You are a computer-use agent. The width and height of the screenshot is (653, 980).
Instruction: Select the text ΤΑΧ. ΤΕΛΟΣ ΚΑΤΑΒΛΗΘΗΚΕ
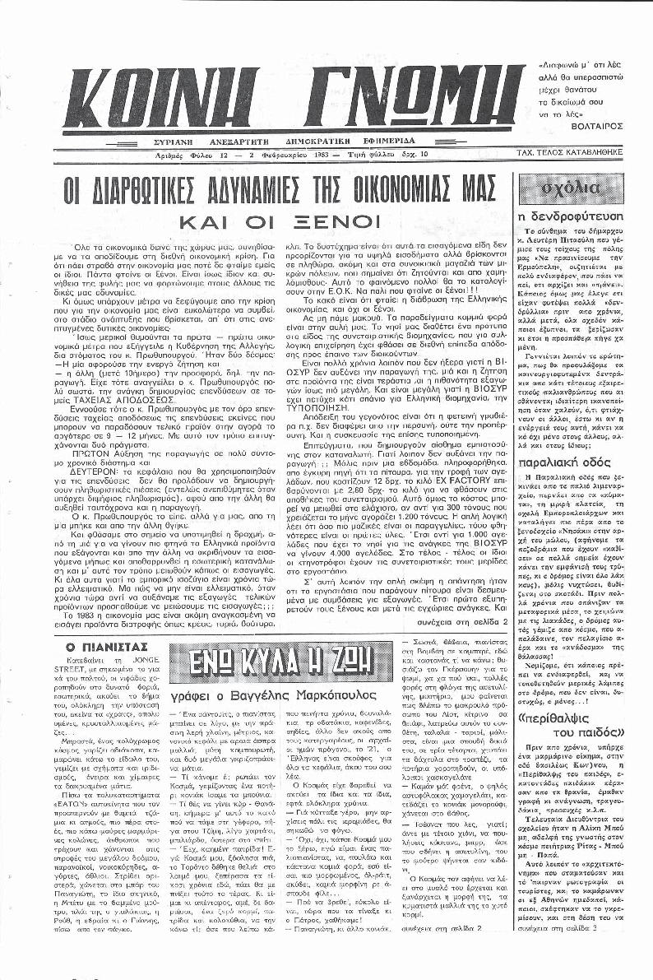[578, 153]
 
